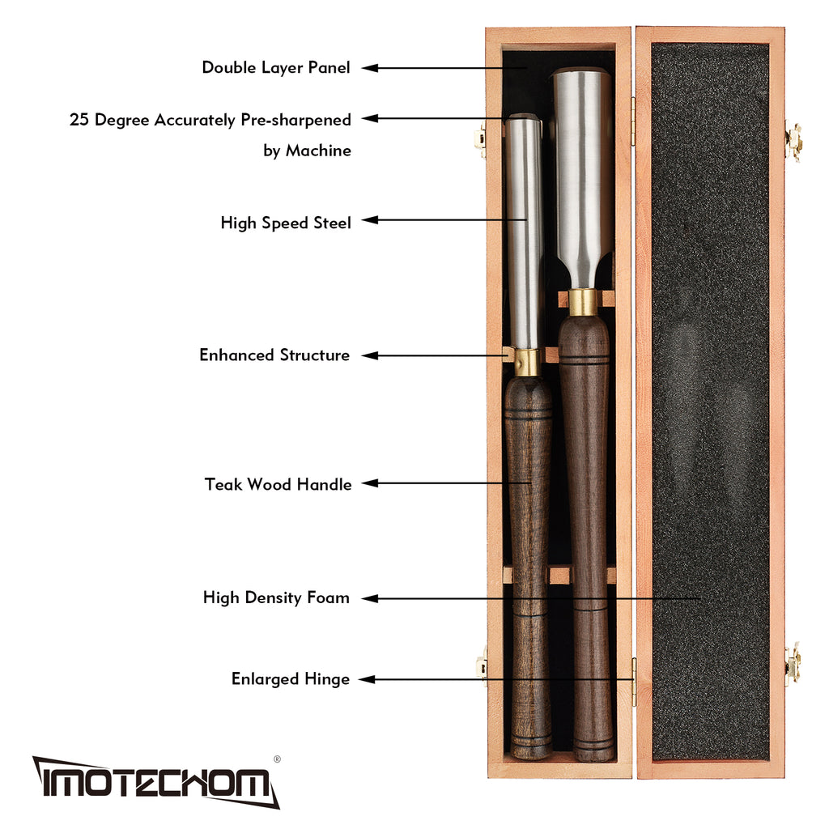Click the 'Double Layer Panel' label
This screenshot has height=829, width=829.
(276, 68)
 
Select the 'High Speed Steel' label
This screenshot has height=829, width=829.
(286, 223)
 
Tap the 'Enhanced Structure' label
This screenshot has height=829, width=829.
(274, 355)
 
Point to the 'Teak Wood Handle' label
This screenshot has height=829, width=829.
(278, 485)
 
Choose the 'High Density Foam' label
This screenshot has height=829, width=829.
(276, 598)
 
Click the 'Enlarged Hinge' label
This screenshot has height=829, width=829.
(290, 679)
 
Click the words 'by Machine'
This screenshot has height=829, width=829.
(307, 151)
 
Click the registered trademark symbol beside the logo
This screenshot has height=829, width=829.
(277, 759)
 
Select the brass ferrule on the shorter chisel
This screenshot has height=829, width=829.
(528, 363)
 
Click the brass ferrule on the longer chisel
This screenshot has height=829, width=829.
(583, 302)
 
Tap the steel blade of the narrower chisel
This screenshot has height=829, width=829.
(525, 227)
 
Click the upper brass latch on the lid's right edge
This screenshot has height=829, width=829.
(793, 141)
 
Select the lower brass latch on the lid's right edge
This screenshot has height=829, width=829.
(793, 664)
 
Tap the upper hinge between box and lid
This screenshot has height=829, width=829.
(633, 121)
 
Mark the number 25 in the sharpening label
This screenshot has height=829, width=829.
(79, 121)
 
